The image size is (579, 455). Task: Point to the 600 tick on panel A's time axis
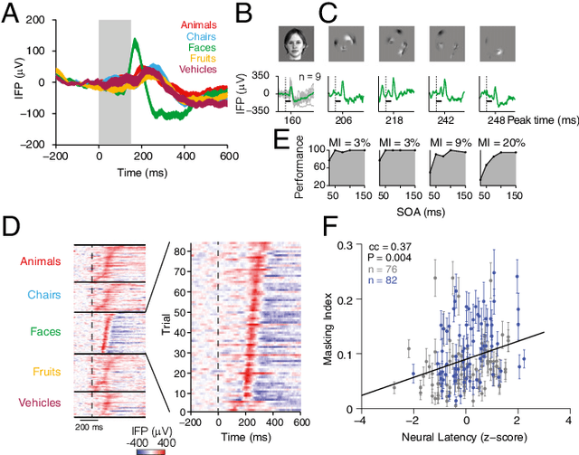tap(226, 156)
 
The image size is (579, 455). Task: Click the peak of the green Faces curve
tap(135, 39)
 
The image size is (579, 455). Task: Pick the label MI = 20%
tap(494, 142)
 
